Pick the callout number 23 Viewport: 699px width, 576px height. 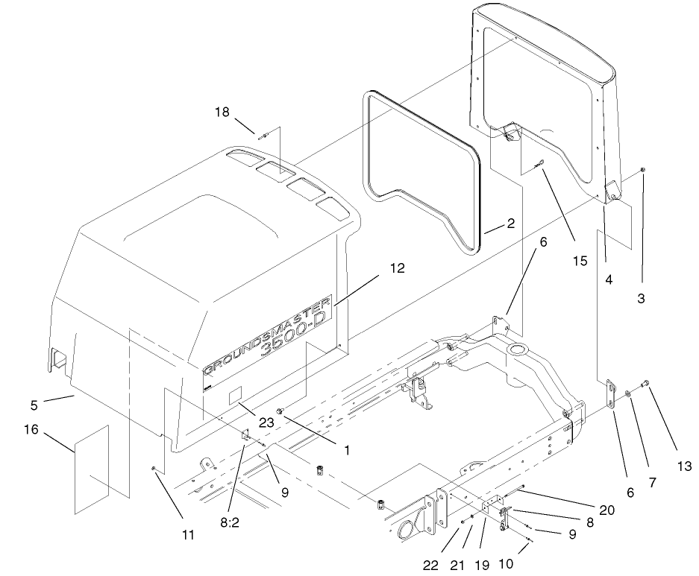(x=266, y=422)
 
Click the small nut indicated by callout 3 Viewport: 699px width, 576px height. (x=643, y=171)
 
